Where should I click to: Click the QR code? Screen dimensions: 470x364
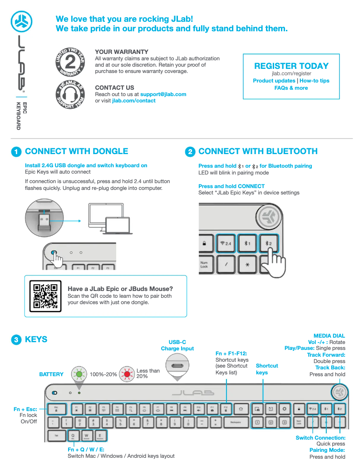click(45, 296)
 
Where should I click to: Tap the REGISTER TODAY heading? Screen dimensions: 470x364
click(291, 66)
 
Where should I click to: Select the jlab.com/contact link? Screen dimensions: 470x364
click(134, 101)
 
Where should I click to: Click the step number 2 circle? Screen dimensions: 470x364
click(190, 152)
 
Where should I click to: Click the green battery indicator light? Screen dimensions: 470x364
click(79, 374)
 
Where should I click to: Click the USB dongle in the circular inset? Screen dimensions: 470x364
click(44, 222)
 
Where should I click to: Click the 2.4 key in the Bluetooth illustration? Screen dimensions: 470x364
click(226, 244)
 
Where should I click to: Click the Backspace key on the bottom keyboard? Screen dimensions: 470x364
click(235, 422)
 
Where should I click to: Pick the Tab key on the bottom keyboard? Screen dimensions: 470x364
click(56, 436)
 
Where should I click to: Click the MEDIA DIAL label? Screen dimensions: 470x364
click(329, 336)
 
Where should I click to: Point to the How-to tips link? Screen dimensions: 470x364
click(315, 81)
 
